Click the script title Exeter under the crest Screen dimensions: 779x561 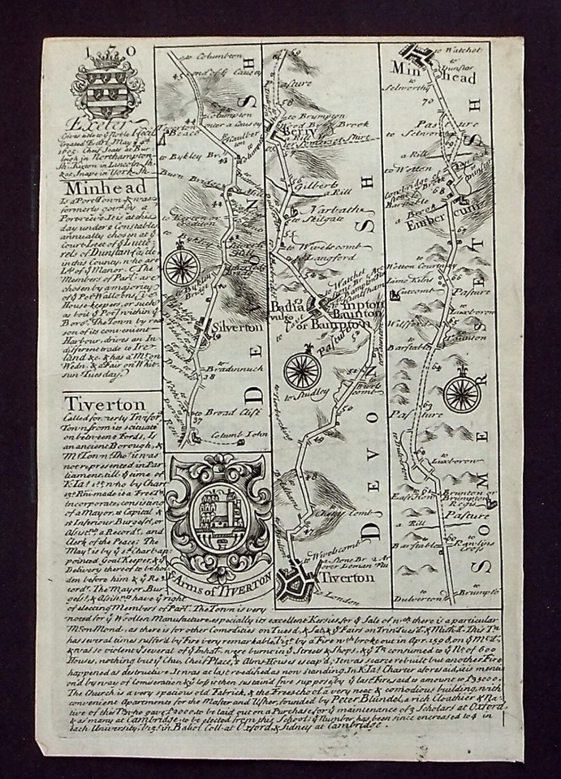pyautogui.click(x=103, y=127)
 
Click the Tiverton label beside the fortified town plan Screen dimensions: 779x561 pyautogui.click(x=350, y=577)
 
